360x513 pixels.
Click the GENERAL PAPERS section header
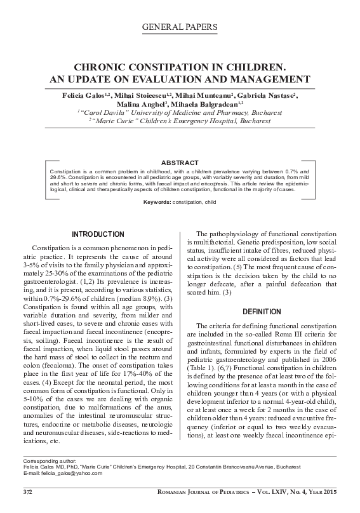tap(180, 27)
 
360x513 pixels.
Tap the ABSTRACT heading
tap(180, 163)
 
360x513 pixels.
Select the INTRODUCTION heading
tap(97, 234)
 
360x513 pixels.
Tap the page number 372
tap(28, 493)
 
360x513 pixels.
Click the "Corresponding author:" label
tap(49, 460)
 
